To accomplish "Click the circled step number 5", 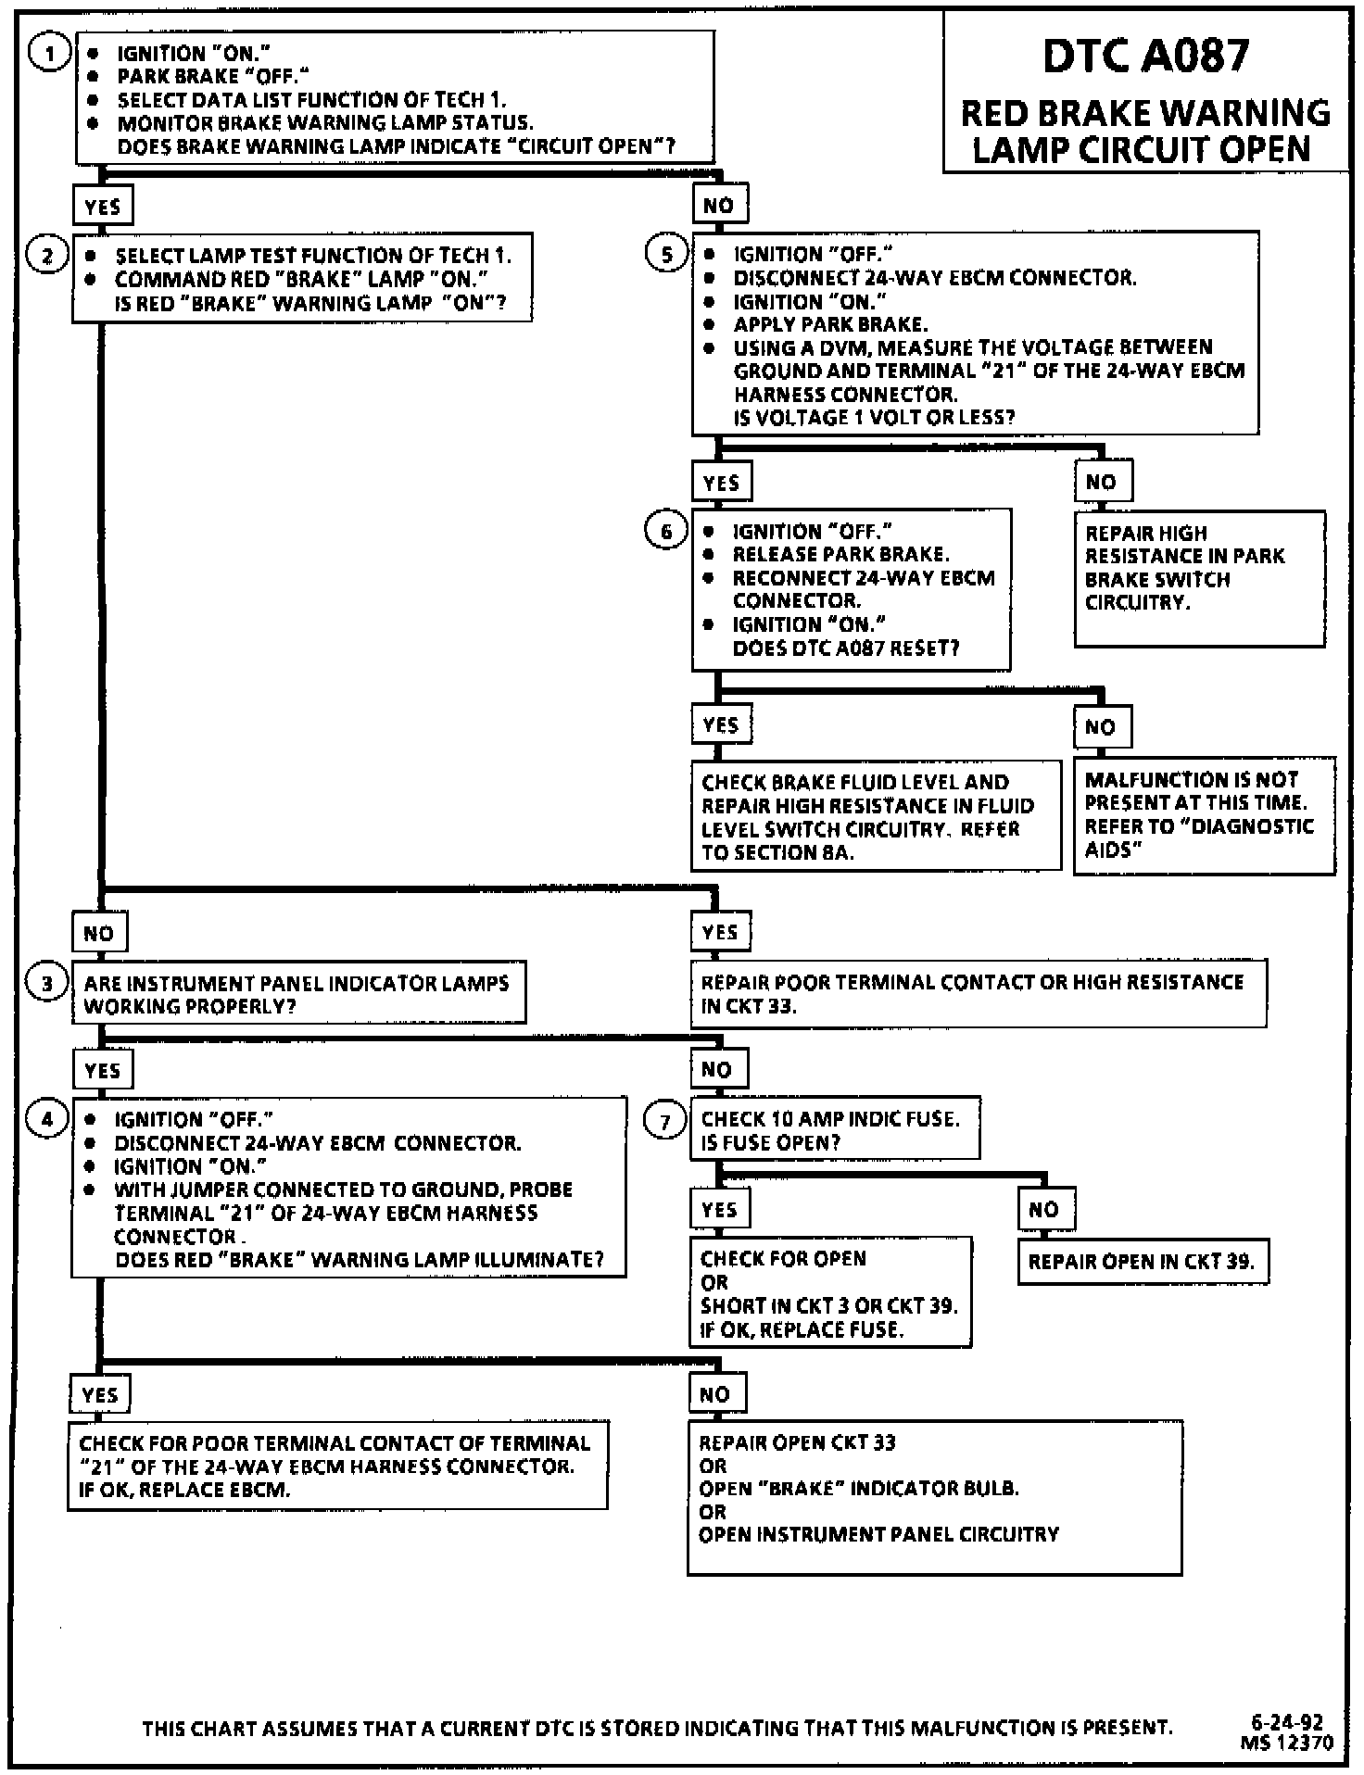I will [666, 254].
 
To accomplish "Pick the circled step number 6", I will [666, 531].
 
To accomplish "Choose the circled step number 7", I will [665, 1122].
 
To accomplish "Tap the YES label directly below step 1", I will [102, 206].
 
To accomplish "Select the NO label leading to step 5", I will [719, 206].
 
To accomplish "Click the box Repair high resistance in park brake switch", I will [1199, 578].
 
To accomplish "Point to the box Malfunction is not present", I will [1205, 815].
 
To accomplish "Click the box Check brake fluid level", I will [876, 816].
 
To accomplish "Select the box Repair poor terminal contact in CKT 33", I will [979, 994].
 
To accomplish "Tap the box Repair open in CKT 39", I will [1142, 1261].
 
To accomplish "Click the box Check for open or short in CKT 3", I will [830, 1292].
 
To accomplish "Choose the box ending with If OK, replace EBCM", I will [337, 1466].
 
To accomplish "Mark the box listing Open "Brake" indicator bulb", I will [934, 1497].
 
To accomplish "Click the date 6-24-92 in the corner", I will [1286, 1722].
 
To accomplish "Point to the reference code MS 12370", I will [1286, 1743].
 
